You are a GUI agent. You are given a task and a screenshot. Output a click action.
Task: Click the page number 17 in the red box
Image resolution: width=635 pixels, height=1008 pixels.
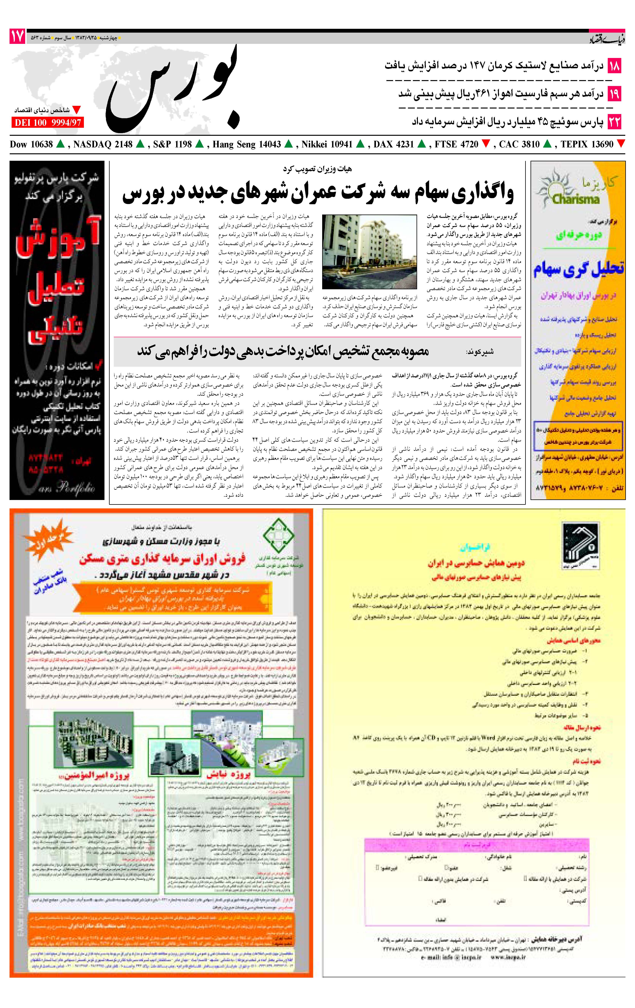(x=17, y=37)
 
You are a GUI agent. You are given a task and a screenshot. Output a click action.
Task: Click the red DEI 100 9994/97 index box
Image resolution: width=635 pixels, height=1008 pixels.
(x=47, y=123)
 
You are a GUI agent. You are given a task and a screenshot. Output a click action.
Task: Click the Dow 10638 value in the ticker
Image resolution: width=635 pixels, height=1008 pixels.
(x=31, y=144)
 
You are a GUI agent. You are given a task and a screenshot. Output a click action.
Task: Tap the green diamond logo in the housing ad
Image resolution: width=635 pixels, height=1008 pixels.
(x=278, y=536)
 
